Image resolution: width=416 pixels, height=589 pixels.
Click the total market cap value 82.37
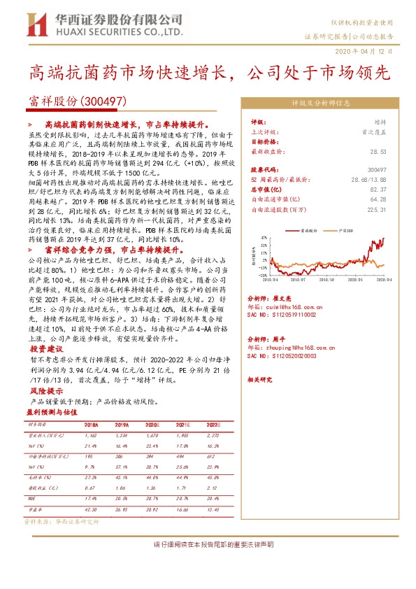[378, 189]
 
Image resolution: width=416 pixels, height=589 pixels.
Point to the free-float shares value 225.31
[377, 208]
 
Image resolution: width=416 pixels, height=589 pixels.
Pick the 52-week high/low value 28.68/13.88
[367, 179]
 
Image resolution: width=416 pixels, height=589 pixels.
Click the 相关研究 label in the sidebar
[261, 379]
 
